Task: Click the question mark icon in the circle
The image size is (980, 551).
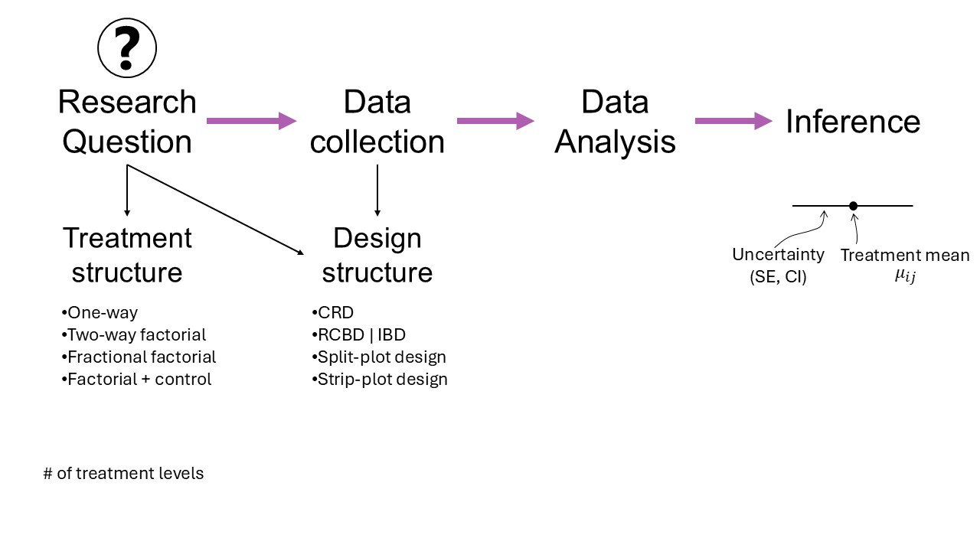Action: point(127,47)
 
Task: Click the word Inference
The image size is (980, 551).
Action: point(853,122)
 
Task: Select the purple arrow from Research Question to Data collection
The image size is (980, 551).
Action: point(251,120)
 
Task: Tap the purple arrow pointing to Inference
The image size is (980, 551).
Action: point(733,120)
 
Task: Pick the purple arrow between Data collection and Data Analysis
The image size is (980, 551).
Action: point(495,120)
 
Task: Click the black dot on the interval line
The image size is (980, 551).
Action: point(853,206)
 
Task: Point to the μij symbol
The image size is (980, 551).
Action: point(904,276)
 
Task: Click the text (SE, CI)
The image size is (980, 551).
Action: point(778,277)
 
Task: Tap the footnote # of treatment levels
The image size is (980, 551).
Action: point(123,473)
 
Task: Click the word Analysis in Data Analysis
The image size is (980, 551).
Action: point(615,142)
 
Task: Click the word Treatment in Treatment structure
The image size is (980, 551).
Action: point(127,238)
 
